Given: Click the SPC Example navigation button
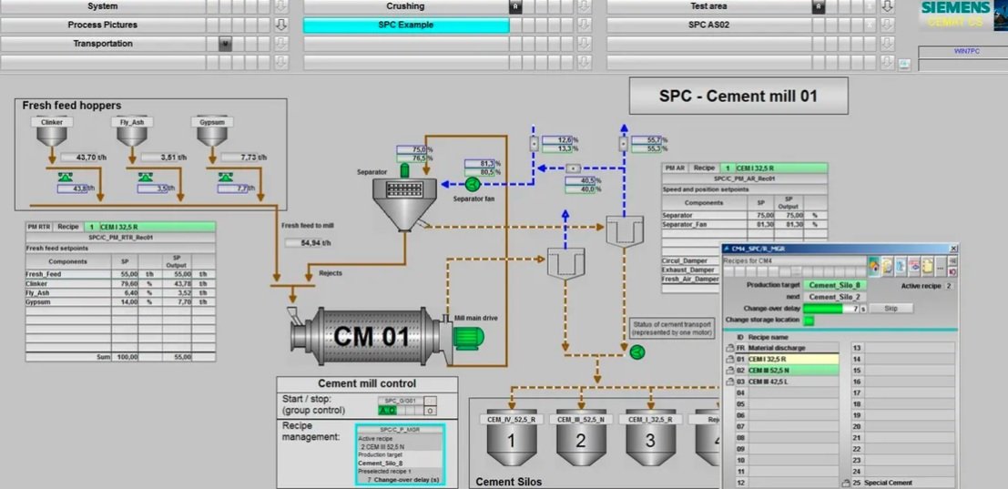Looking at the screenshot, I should tap(405, 25).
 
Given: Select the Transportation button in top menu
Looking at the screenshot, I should tap(103, 44).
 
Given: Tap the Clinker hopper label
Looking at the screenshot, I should tap(51, 121).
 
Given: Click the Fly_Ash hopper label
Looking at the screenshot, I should tap(132, 121).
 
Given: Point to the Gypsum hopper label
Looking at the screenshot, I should tap(210, 121).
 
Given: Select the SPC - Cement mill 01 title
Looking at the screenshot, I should tap(738, 96).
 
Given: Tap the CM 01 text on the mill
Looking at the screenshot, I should tap(371, 336).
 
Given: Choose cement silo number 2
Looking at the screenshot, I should tap(581, 442).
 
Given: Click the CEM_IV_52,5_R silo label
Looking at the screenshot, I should tap(511, 419).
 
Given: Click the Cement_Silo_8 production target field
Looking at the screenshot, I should tap(835, 285).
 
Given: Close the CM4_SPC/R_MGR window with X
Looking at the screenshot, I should tap(953, 248).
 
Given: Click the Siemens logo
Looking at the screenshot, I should tap(956, 8).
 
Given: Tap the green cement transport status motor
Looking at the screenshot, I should tap(636, 352).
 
